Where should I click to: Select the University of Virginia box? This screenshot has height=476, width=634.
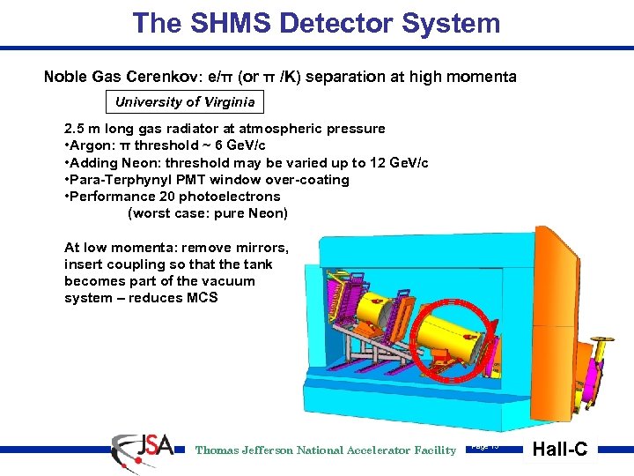185,101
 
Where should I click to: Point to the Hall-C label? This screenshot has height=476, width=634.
559,450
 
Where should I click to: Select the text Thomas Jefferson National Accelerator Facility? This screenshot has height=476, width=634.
326,450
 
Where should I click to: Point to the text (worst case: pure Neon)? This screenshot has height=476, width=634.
208,213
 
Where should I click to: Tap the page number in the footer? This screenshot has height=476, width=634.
485,446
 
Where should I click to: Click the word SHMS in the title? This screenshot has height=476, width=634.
195,23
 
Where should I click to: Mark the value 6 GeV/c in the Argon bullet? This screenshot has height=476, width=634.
238,145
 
